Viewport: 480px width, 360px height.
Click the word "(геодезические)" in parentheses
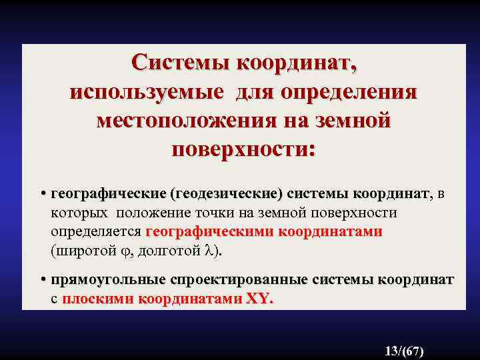(226, 194)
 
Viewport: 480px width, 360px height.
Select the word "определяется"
(95, 233)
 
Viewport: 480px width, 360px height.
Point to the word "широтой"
(82, 251)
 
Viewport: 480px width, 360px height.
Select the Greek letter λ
(209, 251)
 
